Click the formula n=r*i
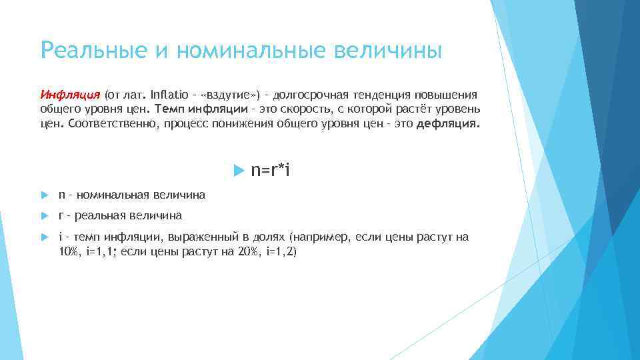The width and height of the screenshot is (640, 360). [270, 171]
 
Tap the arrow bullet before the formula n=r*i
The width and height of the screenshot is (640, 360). [241, 171]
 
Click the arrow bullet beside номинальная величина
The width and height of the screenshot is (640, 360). [44, 195]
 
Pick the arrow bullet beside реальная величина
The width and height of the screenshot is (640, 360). [44, 216]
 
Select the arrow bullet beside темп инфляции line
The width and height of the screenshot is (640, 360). [44, 237]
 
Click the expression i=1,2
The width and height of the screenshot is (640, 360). [283, 251]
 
